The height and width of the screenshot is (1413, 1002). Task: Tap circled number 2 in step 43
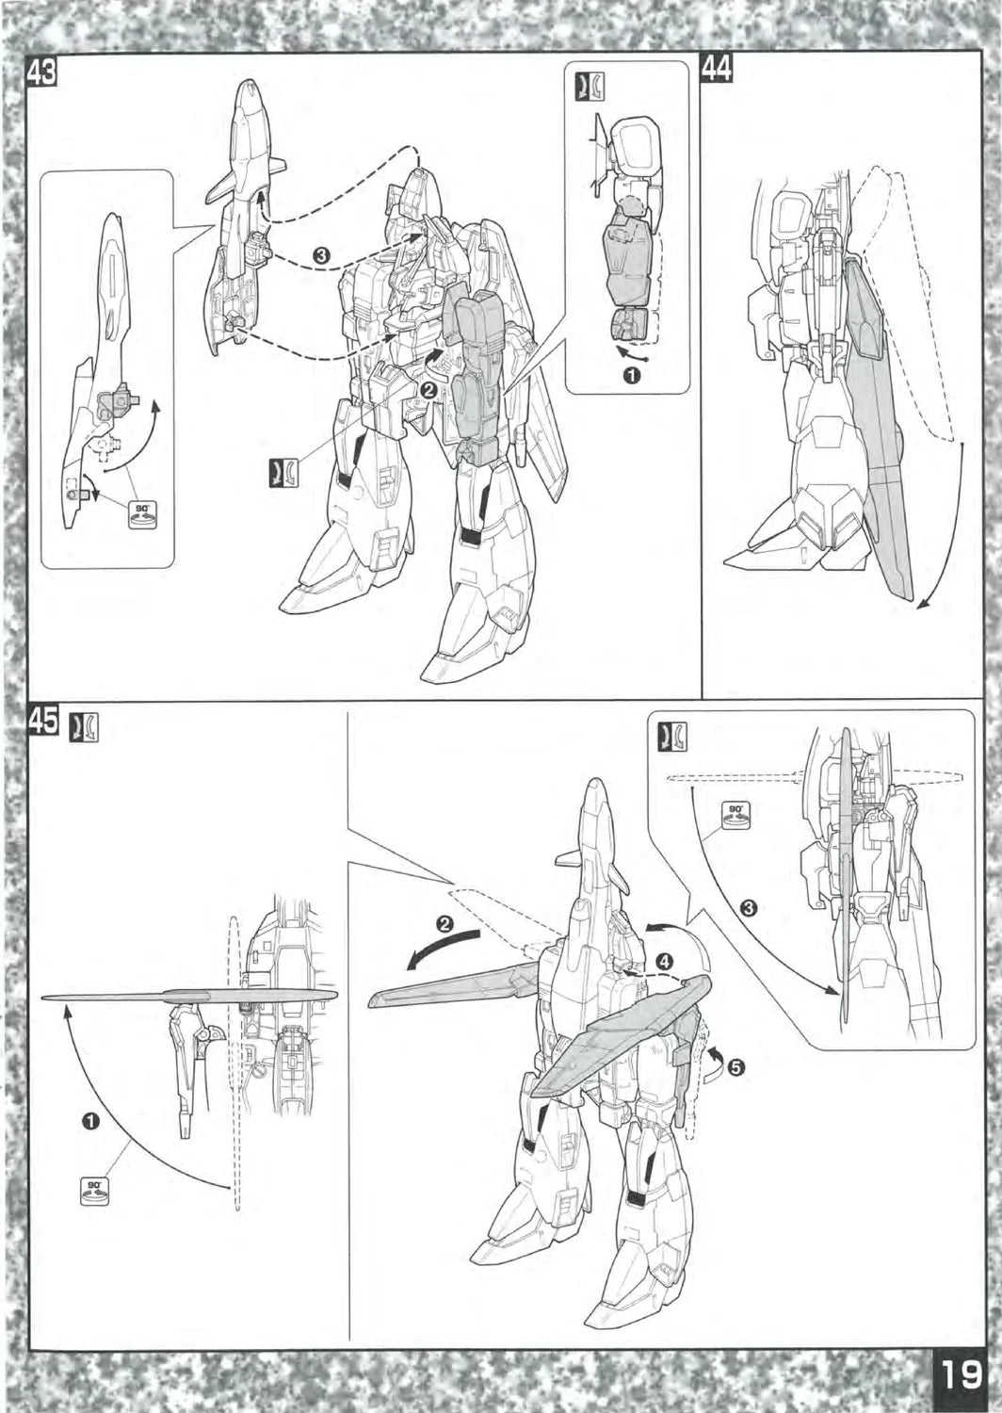click(429, 391)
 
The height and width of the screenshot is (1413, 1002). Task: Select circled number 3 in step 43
click(321, 256)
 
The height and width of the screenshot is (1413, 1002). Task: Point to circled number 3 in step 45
click(749, 908)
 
